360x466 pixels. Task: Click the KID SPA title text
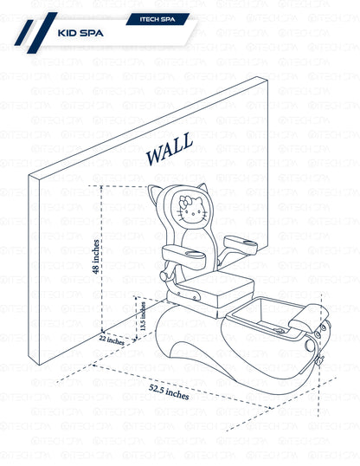click(80, 33)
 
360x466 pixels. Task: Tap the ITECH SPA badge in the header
click(157, 19)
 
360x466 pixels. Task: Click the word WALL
click(170, 149)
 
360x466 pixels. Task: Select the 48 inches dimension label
click(96, 256)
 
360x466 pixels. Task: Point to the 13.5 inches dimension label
click(143, 316)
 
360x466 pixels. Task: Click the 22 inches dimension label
click(112, 340)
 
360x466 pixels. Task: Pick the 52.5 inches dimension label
click(169, 392)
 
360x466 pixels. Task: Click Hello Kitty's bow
click(184, 202)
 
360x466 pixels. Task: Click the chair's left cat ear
click(155, 194)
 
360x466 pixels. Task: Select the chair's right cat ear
click(203, 189)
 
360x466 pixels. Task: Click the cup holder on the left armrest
click(190, 254)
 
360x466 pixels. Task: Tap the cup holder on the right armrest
click(248, 243)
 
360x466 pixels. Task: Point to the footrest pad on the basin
click(309, 318)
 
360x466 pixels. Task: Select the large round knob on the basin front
click(311, 346)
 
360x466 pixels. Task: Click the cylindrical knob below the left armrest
click(164, 275)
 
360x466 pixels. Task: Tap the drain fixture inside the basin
click(280, 330)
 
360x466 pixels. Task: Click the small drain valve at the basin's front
click(319, 359)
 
